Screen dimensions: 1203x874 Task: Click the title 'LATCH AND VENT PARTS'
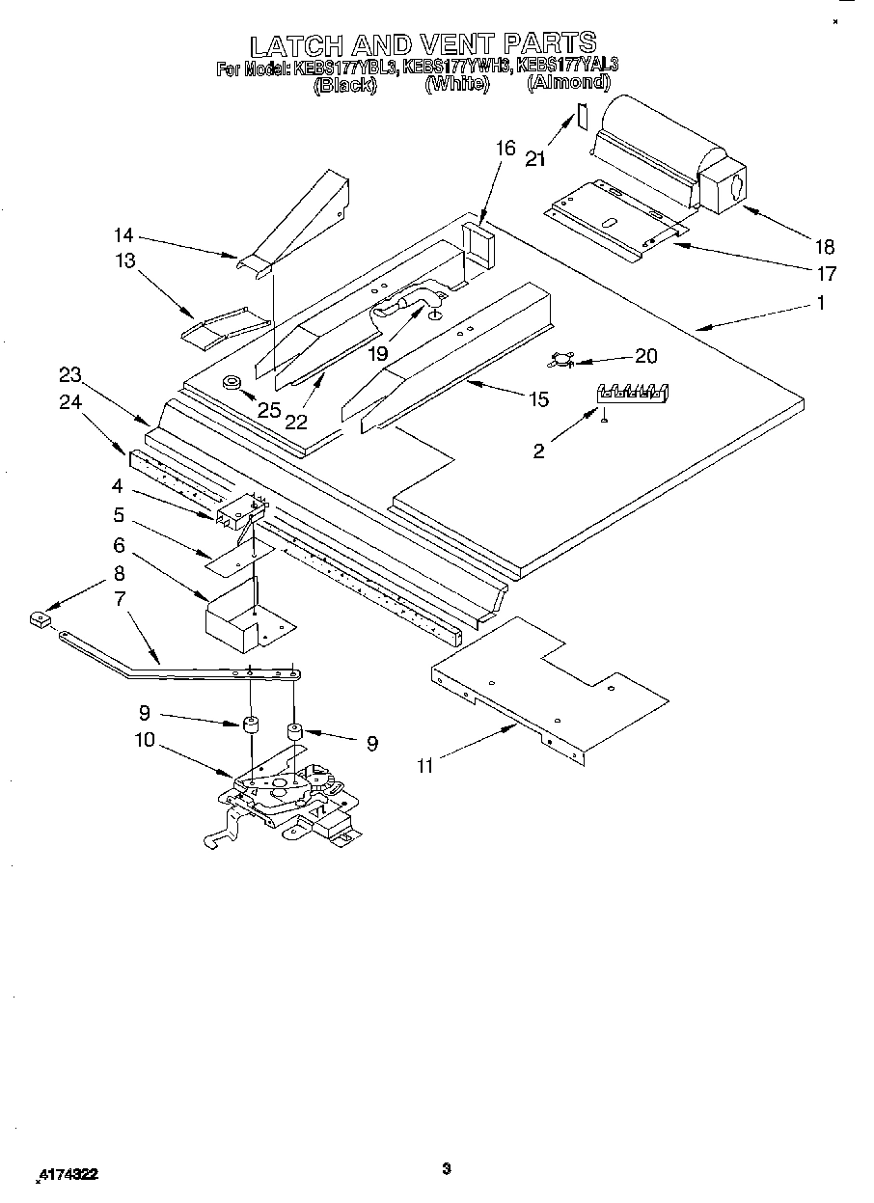coord(423,44)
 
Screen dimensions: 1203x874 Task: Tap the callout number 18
coord(824,246)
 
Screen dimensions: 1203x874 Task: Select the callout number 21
coord(536,158)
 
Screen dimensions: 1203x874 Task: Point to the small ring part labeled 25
coord(232,383)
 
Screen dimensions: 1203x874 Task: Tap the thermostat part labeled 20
coord(561,360)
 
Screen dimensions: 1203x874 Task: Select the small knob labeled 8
coord(40,619)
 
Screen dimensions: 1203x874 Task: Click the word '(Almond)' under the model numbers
coord(568,84)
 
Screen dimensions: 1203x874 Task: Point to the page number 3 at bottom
coord(446,1169)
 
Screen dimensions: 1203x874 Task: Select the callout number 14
coord(123,234)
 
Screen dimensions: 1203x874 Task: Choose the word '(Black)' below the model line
coord(345,84)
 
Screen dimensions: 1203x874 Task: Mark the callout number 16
coord(506,148)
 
